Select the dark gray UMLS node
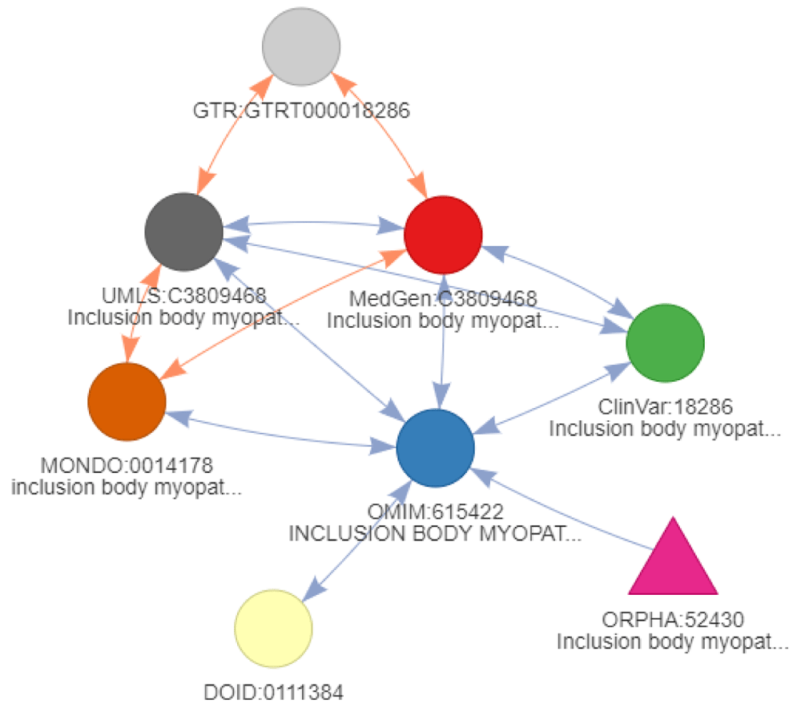click(183, 233)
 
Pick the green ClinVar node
click(665, 342)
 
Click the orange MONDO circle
click(127, 401)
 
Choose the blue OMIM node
click(435, 447)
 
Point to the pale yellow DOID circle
click(273, 628)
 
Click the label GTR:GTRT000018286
click(302, 111)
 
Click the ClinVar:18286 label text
click(665, 409)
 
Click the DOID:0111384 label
click(273, 691)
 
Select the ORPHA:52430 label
click(673, 621)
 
